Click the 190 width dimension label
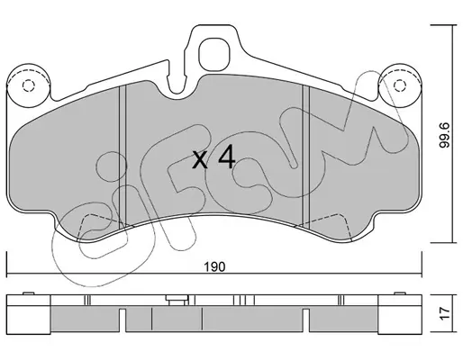(214, 266)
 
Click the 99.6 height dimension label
(445, 135)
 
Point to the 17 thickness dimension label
(445, 313)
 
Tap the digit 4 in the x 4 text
(226, 156)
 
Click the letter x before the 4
(200, 160)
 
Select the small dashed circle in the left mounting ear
(29, 85)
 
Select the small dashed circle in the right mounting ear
(399, 85)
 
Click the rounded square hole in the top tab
(214, 54)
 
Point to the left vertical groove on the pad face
(123, 156)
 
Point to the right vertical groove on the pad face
(305, 155)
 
